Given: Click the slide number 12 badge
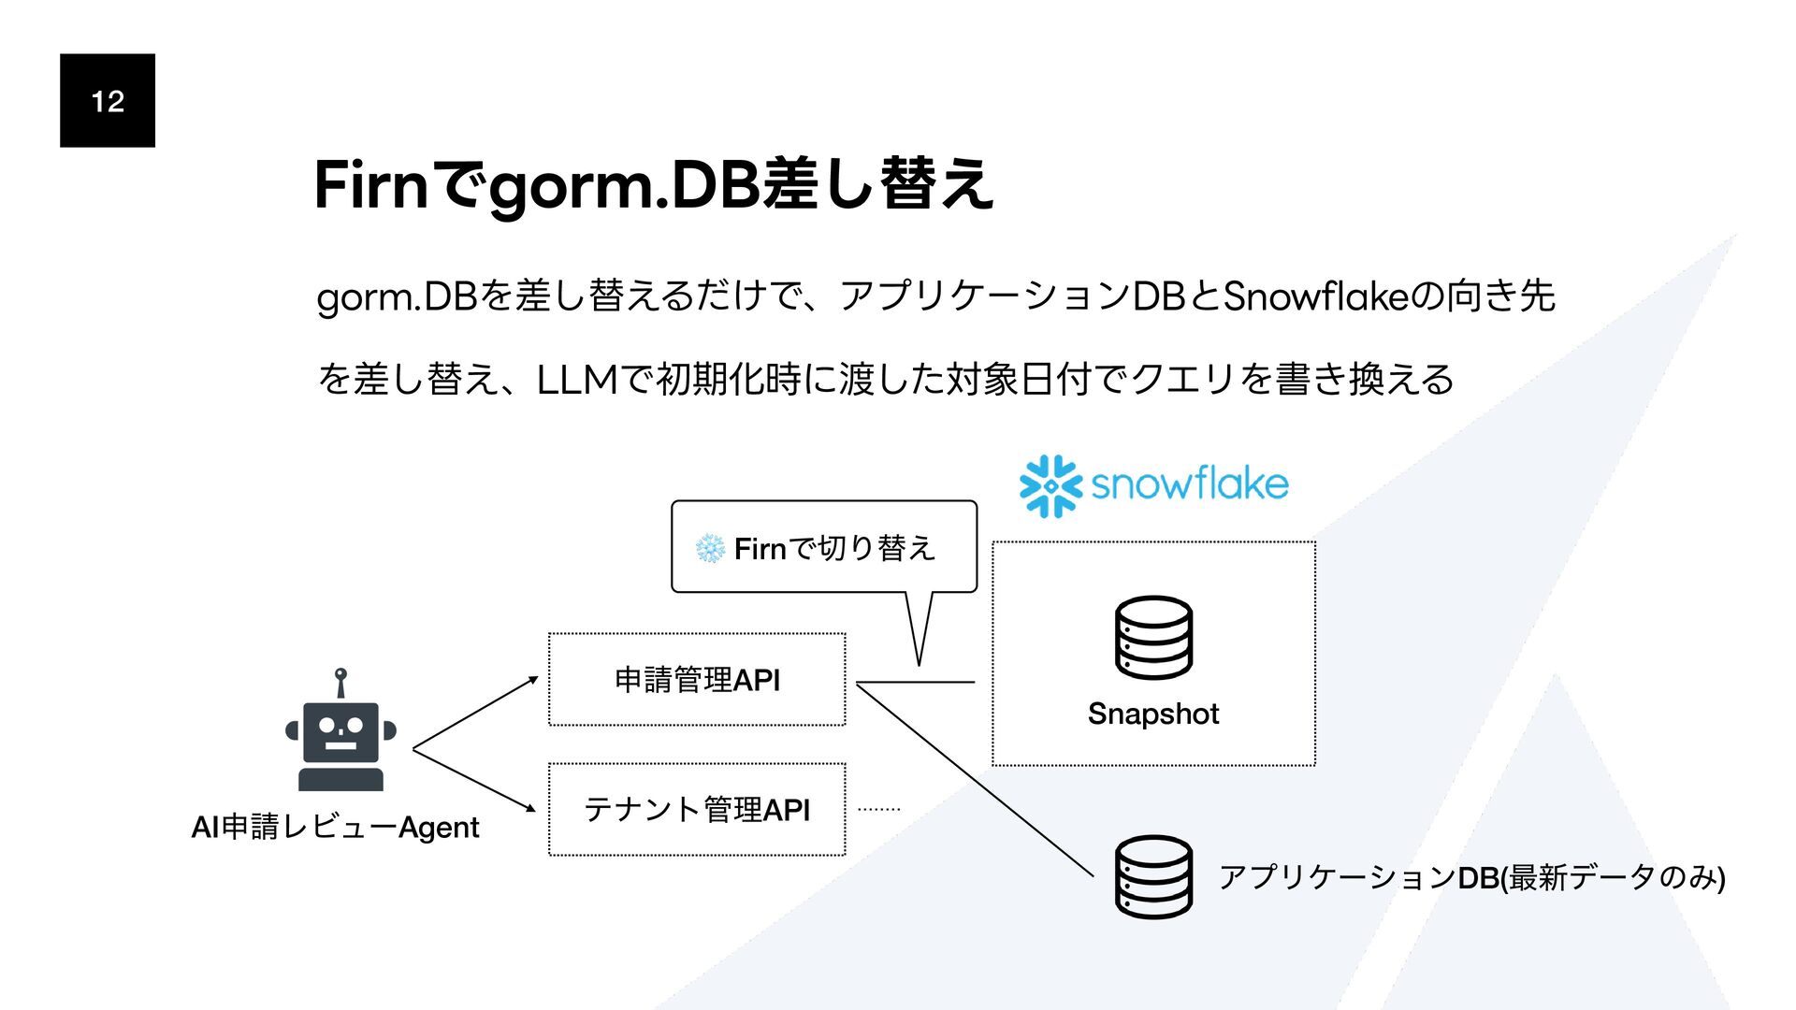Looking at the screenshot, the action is pyautogui.click(x=108, y=100).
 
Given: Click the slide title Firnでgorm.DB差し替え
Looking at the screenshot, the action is pyautogui.click(x=653, y=184).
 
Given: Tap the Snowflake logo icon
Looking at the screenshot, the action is pyautogui.click(x=1050, y=485).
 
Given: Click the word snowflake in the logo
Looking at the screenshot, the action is pyautogui.click(x=1189, y=484).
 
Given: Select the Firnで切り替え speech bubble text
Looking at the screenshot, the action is pyautogui.click(x=834, y=548).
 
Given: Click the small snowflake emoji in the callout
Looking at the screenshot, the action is pyautogui.click(x=710, y=549).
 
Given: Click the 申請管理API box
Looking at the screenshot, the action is pyautogui.click(x=697, y=679).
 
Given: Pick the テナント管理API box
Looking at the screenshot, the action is pyautogui.click(x=697, y=809).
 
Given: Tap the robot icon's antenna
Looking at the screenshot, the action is pyautogui.click(x=341, y=682).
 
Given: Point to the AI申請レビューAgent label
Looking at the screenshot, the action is pyautogui.click(x=335, y=827).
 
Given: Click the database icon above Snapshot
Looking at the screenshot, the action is pyautogui.click(x=1153, y=637).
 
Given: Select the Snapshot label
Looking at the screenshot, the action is pyautogui.click(x=1153, y=714).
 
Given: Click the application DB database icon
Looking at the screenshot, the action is pyautogui.click(x=1153, y=876).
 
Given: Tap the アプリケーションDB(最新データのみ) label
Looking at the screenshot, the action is pyautogui.click(x=1471, y=877).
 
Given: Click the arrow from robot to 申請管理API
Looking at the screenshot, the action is pyautogui.click(x=475, y=713).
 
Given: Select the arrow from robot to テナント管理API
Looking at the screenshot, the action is pyautogui.click(x=474, y=781).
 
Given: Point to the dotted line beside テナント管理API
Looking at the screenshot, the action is pyautogui.click(x=878, y=809).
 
